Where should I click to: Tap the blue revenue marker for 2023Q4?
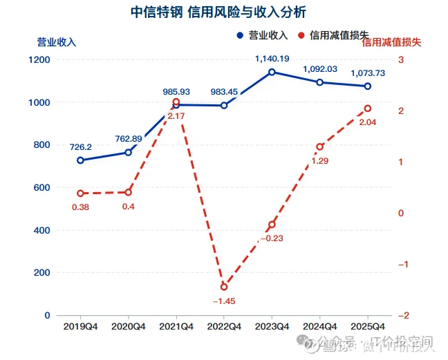(272, 72)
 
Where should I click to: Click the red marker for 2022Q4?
(224, 287)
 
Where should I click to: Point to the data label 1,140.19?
(272, 59)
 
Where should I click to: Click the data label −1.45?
(224, 301)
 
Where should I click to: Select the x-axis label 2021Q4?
(176, 326)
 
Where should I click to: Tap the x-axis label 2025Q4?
(368, 326)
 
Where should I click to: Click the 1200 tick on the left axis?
(41, 60)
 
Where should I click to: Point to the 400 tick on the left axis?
(43, 230)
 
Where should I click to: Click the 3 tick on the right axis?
(400, 60)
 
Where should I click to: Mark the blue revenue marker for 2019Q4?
(80, 160)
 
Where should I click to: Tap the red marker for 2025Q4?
(368, 108)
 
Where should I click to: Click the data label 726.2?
(81, 147)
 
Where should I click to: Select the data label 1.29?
(320, 160)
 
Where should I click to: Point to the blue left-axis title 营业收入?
(57, 41)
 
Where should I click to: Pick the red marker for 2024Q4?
(320, 146)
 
